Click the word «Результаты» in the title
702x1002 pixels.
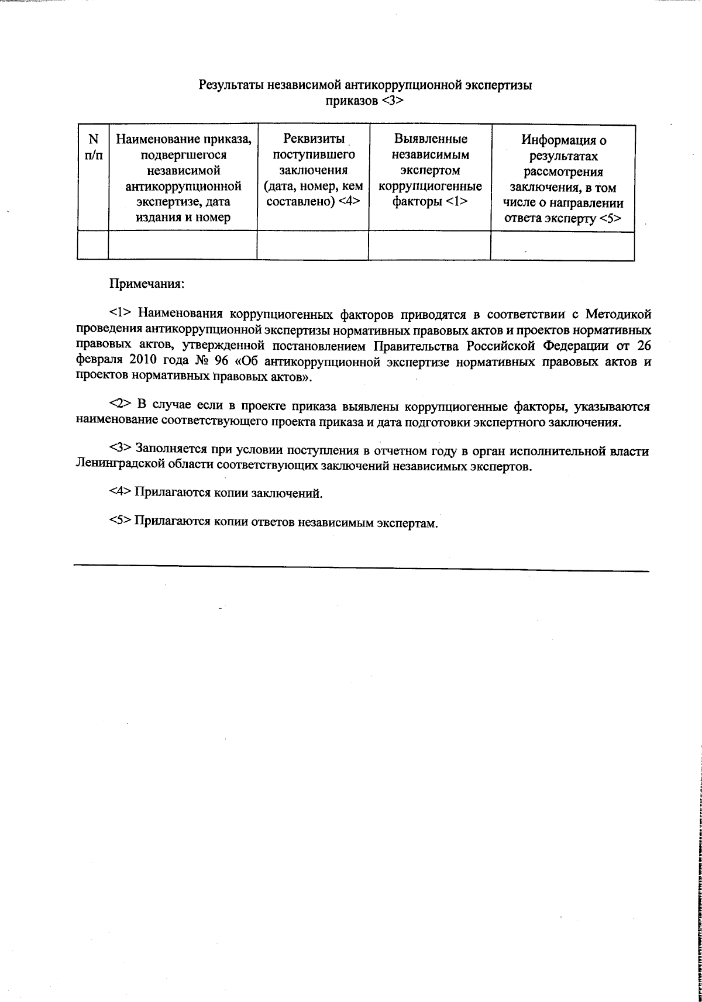coord(231,85)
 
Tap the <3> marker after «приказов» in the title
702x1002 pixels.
coord(393,101)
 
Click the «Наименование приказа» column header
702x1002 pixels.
coord(184,139)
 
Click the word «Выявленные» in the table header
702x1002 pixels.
coord(430,139)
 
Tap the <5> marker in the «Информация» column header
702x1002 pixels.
coord(610,218)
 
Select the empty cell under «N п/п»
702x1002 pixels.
coord(92,245)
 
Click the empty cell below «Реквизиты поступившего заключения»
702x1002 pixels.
coord(312,245)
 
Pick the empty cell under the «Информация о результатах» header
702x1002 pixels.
coord(562,245)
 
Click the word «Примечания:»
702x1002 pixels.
coord(147,284)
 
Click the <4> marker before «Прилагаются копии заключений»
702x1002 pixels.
coord(121,493)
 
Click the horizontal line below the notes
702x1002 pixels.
coord(361,568)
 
